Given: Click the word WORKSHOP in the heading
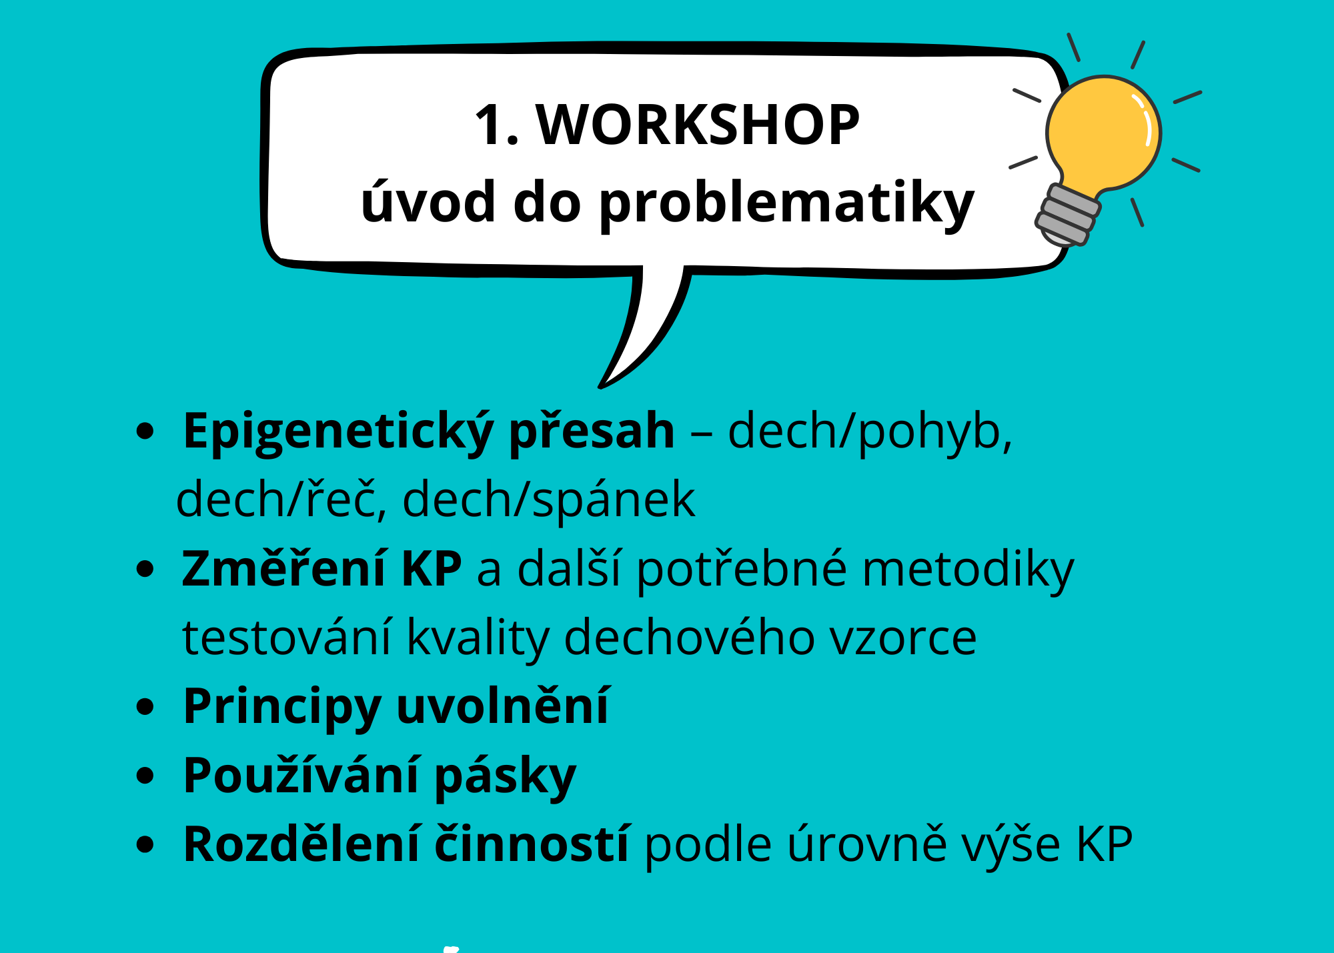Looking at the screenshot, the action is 698,125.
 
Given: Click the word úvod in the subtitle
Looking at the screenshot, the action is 428,199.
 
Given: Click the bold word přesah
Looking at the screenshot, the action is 592,432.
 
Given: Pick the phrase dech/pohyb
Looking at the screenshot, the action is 870,432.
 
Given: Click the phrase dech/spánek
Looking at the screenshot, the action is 549,500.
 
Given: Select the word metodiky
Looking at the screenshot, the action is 968,570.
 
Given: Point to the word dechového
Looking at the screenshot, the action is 690,638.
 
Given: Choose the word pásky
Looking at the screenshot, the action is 505,778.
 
